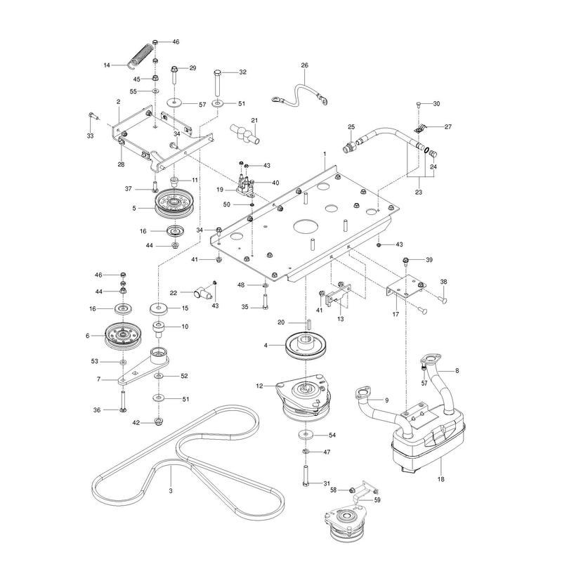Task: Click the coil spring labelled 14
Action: click(142, 56)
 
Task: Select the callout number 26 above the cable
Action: click(305, 65)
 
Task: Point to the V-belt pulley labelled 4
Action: click(307, 345)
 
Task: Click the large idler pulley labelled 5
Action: click(174, 205)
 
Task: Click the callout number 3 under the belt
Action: click(171, 490)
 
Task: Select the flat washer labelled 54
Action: click(306, 435)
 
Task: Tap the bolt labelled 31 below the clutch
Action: click(306, 476)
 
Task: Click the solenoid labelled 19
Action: click(247, 185)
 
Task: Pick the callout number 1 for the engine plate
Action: click(325, 154)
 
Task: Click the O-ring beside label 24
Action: click(427, 150)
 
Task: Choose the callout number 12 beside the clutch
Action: click(259, 386)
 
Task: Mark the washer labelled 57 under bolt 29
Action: click(174, 103)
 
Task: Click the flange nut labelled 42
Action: click(158, 421)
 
